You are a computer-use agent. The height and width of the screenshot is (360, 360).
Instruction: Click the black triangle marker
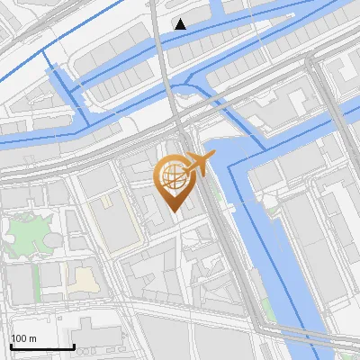(x=181, y=24)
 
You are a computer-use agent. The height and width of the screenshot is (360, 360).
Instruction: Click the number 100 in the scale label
(x=19, y=338)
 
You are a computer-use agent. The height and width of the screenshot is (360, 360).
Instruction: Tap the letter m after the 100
(x=33, y=338)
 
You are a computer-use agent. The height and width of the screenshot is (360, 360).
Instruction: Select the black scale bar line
(x=42, y=346)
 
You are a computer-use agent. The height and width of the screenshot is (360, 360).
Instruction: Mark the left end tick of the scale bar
(x=11, y=345)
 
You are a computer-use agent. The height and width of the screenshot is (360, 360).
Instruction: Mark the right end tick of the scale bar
(x=74, y=345)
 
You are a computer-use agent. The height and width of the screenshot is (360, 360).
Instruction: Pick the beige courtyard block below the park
(x=83, y=279)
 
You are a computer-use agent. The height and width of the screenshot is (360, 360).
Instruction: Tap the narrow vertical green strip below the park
(x=38, y=283)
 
